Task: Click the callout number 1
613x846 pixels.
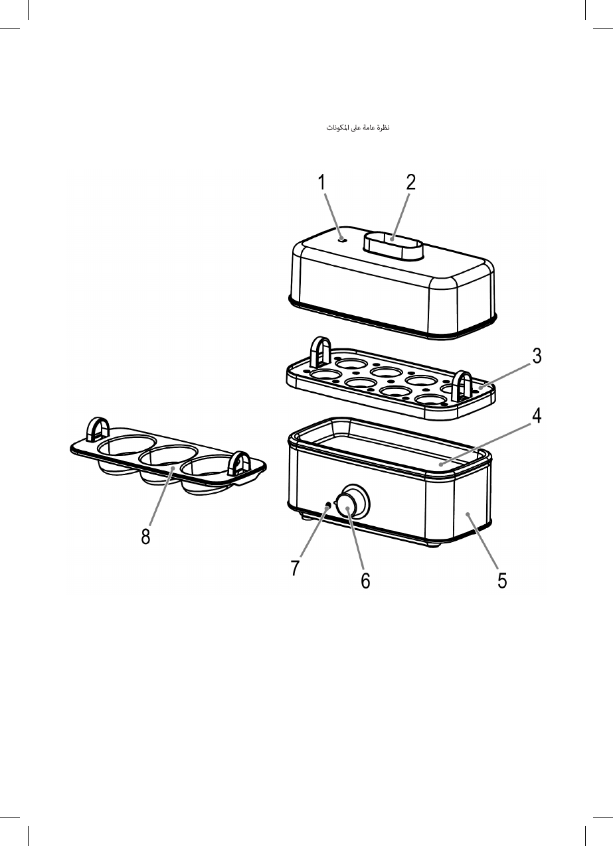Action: (x=321, y=182)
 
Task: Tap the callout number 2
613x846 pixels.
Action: (x=411, y=182)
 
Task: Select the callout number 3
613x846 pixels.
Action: (x=537, y=356)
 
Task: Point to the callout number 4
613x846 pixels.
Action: (x=537, y=416)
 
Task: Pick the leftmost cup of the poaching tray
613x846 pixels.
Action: (x=126, y=449)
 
